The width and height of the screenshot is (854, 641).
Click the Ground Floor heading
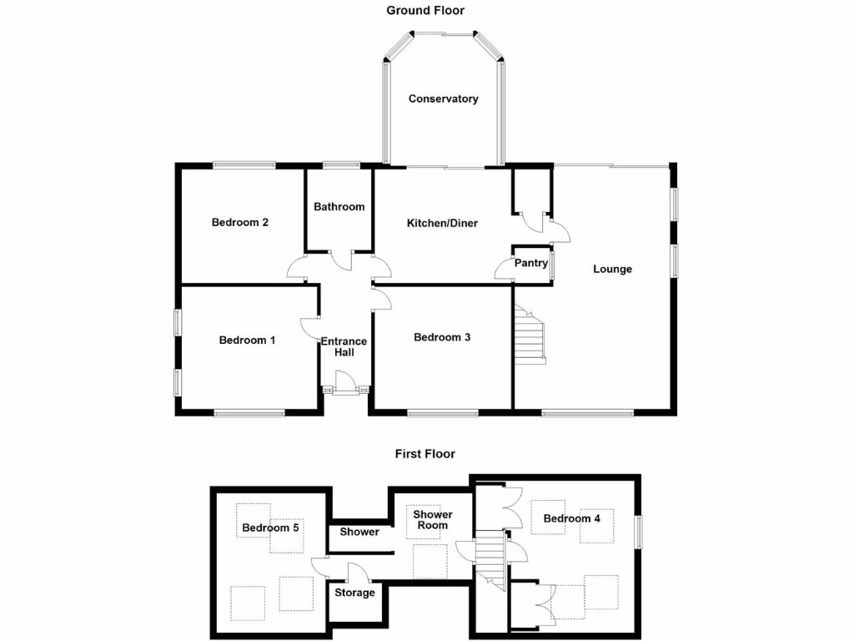click(x=424, y=10)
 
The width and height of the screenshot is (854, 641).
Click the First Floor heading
click(x=424, y=454)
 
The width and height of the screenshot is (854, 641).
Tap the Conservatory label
click(x=443, y=98)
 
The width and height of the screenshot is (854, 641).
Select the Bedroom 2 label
click(x=239, y=222)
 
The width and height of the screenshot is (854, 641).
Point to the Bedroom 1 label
click(x=247, y=340)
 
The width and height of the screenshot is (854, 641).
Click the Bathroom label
click(x=339, y=206)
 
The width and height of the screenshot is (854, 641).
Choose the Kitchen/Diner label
click(x=442, y=223)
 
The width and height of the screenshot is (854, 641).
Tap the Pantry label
click(x=530, y=263)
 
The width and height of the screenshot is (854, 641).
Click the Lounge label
click(x=612, y=269)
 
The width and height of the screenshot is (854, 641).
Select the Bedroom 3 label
click(x=442, y=337)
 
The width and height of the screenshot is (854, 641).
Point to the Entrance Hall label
click(x=344, y=346)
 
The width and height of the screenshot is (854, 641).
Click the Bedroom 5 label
click(x=270, y=527)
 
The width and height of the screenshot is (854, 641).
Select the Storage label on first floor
click(x=354, y=593)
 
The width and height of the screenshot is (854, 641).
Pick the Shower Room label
click(x=432, y=520)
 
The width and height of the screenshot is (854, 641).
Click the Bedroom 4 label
click(x=572, y=518)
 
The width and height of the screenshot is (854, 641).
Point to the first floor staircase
click(x=491, y=560)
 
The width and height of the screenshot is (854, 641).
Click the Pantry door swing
click(x=504, y=269)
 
